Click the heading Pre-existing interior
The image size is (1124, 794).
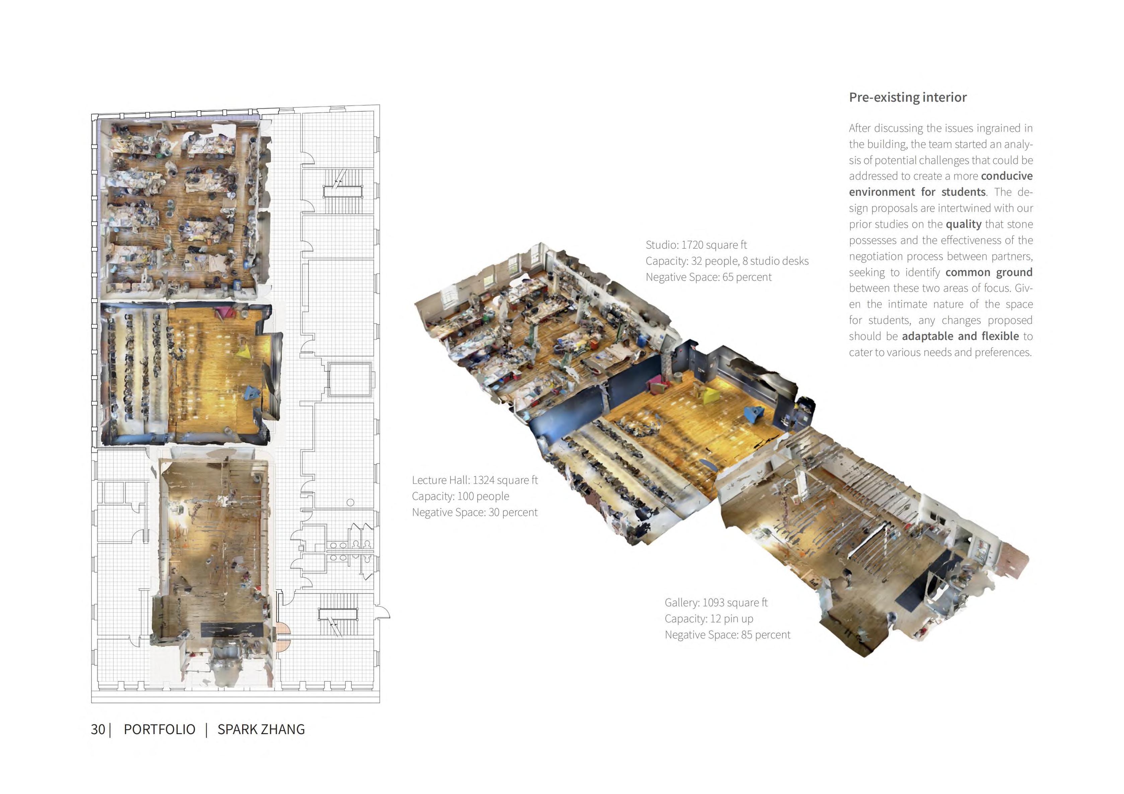[x=908, y=97]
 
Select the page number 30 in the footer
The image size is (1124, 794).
[x=97, y=729]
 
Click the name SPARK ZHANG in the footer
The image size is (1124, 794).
[x=261, y=729]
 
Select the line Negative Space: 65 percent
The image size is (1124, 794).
[x=708, y=277]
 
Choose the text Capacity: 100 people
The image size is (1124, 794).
[x=460, y=496]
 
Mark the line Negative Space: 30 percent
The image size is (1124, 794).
[x=474, y=512]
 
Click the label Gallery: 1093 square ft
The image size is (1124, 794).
[x=716, y=603]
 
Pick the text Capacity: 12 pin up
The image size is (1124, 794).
[x=708, y=619]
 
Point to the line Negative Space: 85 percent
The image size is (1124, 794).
[x=727, y=635]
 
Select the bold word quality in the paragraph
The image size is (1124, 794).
[x=964, y=224]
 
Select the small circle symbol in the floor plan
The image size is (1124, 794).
[x=350, y=503]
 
